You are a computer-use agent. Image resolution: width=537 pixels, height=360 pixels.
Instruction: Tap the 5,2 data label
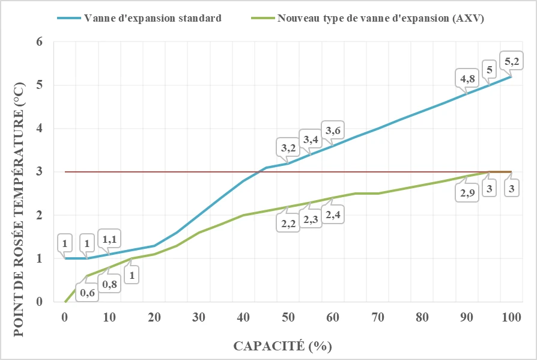(513, 61)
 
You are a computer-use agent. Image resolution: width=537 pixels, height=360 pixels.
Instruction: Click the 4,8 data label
(468, 78)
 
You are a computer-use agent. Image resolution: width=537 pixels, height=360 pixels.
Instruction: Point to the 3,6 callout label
(333, 129)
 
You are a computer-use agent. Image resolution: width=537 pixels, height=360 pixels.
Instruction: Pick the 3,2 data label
(288, 147)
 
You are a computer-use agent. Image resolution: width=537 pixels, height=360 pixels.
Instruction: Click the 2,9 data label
(467, 193)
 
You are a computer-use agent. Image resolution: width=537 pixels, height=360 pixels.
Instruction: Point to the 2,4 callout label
(333, 215)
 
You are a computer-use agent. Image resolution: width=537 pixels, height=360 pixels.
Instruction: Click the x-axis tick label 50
(288, 318)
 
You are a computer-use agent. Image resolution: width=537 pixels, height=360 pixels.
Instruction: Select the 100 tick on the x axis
(511, 318)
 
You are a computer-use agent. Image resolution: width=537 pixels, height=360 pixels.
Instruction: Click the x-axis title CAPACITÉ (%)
(282, 346)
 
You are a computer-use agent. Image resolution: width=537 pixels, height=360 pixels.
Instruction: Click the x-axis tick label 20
(154, 318)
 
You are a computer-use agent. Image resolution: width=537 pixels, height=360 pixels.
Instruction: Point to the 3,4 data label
(311, 139)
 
